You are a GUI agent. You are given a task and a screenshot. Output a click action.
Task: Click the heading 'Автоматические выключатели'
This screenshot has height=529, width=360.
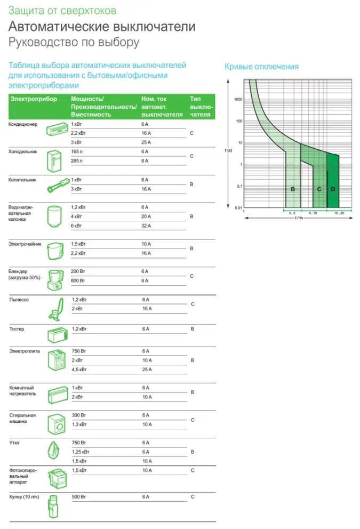(x=102, y=27)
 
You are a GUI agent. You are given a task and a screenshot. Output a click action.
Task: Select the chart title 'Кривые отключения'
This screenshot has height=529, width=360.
(x=261, y=67)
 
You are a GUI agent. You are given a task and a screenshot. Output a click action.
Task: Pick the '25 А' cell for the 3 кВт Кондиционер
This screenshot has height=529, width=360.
(x=147, y=142)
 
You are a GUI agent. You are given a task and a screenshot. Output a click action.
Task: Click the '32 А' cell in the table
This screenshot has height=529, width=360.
(x=147, y=226)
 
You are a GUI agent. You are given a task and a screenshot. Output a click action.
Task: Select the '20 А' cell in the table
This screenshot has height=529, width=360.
(x=147, y=217)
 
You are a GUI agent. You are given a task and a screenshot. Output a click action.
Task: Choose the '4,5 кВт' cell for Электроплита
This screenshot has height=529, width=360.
(x=79, y=370)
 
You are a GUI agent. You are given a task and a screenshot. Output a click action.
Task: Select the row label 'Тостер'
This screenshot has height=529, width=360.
(x=17, y=329)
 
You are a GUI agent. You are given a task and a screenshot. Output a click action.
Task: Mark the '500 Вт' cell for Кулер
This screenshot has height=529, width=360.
(x=79, y=497)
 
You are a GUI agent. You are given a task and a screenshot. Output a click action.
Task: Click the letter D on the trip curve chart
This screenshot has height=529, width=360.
(x=333, y=189)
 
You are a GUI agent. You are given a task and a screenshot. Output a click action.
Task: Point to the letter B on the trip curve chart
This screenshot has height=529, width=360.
(x=293, y=189)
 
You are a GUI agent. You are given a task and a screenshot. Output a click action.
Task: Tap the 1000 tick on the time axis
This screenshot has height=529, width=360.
(x=238, y=100)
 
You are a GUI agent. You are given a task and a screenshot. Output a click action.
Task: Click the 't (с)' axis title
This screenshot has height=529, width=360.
(x=228, y=151)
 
